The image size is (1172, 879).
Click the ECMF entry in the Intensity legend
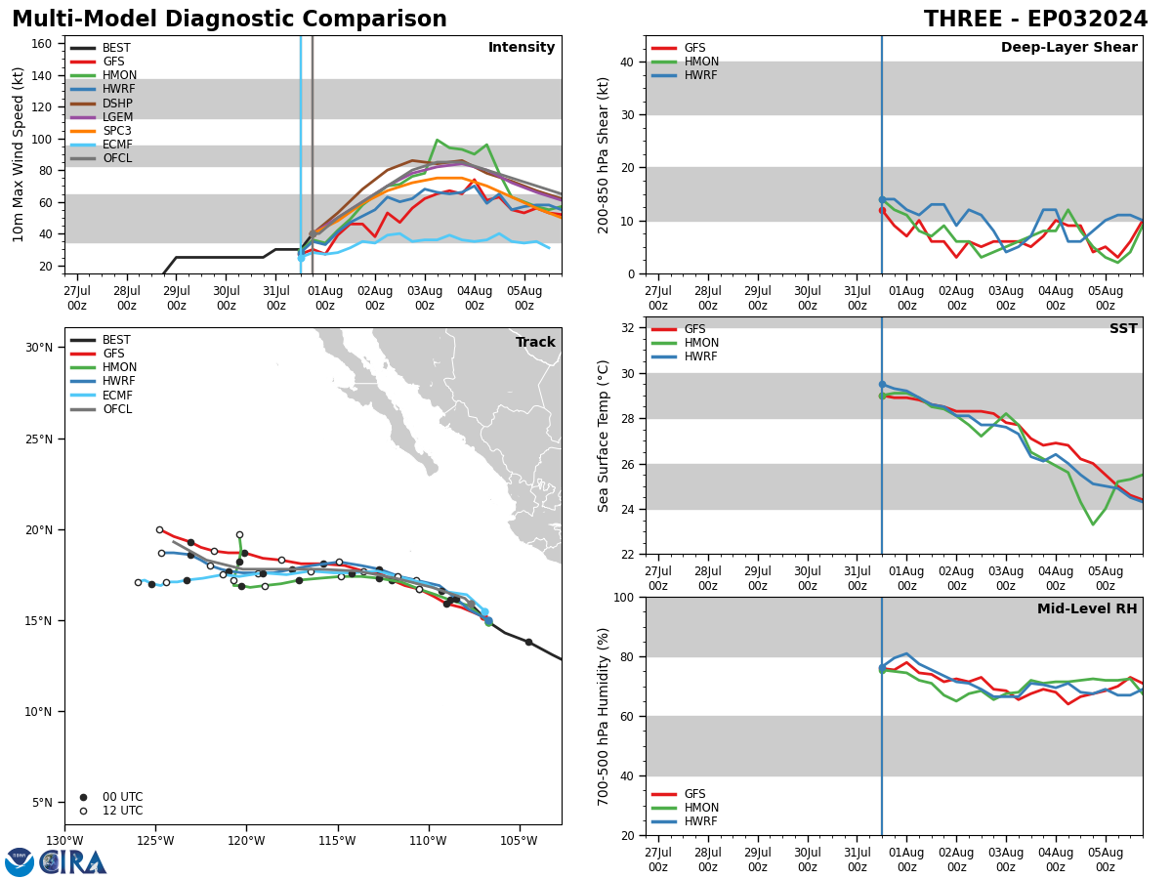tap(102, 145)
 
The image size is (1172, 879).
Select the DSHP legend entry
tap(102, 103)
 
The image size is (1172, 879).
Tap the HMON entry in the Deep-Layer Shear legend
tap(685, 62)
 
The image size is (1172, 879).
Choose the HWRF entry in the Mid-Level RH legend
tap(685, 820)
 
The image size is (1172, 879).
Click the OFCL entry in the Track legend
tap(102, 409)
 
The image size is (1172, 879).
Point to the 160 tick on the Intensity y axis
tap(41, 44)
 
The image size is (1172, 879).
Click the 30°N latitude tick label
tap(39, 348)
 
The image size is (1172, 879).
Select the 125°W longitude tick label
tap(156, 841)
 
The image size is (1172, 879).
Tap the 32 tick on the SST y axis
tap(627, 328)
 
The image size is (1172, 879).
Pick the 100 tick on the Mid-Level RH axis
tap(624, 597)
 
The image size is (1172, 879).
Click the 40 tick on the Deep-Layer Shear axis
tap(627, 62)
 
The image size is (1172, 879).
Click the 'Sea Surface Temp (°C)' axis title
tap(603, 436)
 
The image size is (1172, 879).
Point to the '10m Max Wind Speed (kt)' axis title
tap(18, 154)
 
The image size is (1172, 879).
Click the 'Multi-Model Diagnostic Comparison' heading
tap(230, 19)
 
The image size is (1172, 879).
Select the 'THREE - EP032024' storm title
tap(1035, 19)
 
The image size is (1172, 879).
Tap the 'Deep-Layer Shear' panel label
tap(1068, 47)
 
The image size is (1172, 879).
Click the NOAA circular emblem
tap(20, 862)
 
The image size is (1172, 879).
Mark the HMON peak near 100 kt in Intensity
tap(438, 140)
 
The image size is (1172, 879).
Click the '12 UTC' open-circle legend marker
tap(83, 811)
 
